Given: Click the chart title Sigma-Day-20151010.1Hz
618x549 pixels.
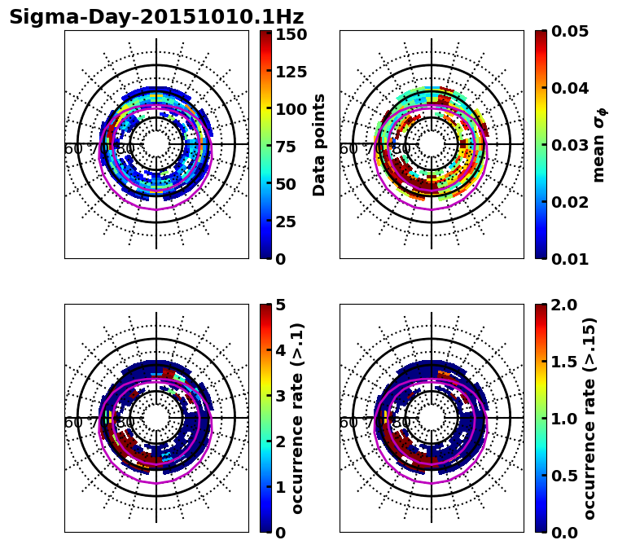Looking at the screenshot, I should [156, 17].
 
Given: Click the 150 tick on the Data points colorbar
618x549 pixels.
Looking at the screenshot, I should [291, 34].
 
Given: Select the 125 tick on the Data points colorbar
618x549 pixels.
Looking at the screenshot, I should [291, 72].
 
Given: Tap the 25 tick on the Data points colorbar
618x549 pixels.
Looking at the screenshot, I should [285, 222].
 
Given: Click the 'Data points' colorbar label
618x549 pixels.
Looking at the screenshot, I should [319, 145].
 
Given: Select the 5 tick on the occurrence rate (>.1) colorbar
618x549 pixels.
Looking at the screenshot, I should [279, 305].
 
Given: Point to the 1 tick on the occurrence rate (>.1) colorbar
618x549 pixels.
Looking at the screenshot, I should [279, 487].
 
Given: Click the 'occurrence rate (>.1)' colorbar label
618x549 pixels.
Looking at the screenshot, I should [298, 419].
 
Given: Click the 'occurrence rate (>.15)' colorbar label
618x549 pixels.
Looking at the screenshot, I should [590, 419].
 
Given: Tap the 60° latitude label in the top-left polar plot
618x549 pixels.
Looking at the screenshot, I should [72, 149].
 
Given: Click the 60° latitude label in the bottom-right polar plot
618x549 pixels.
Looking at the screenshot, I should [348, 423].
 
